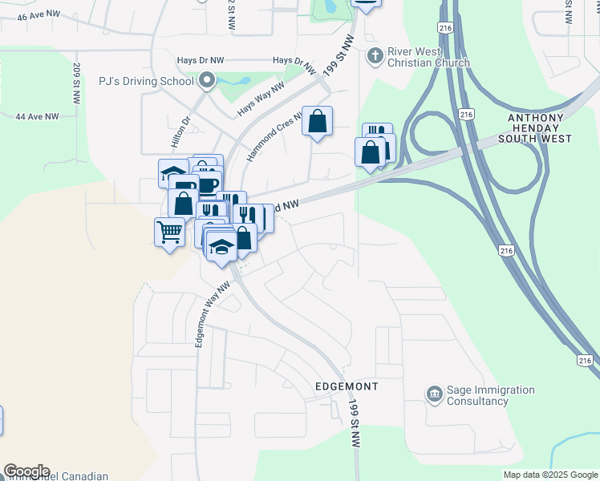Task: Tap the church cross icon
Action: [x=374, y=56]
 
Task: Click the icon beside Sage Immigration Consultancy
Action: [x=434, y=394]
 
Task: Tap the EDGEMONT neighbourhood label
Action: [x=341, y=386]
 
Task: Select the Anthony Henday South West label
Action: [x=541, y=128]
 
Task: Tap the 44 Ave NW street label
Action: [x=37, y=116]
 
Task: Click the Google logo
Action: [x=26, y=471]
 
